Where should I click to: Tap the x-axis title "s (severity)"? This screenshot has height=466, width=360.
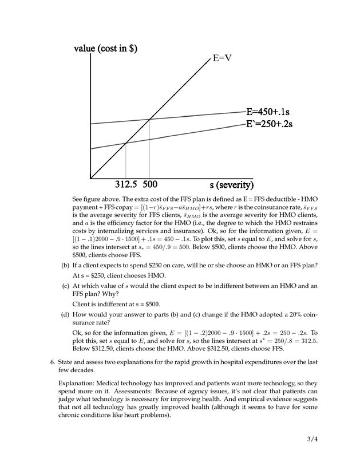tap(231, 185)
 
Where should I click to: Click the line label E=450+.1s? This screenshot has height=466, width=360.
tap(267, 112)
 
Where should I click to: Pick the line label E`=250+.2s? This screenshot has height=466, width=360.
tap(269, 124)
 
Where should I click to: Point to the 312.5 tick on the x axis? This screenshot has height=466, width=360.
tap(126, 184)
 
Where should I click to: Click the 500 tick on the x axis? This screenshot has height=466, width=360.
tap(150, 184)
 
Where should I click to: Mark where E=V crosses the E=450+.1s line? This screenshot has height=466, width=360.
tap(150, 119)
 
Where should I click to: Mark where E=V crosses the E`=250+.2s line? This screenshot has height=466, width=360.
tap(126, 143)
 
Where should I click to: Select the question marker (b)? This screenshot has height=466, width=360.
tap(65, 265)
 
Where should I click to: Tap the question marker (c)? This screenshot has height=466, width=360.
tap(65, 285)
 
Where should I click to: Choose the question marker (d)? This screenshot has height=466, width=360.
tap(65, 314)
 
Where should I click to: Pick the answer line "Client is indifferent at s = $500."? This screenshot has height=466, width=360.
tap(116, 304)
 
